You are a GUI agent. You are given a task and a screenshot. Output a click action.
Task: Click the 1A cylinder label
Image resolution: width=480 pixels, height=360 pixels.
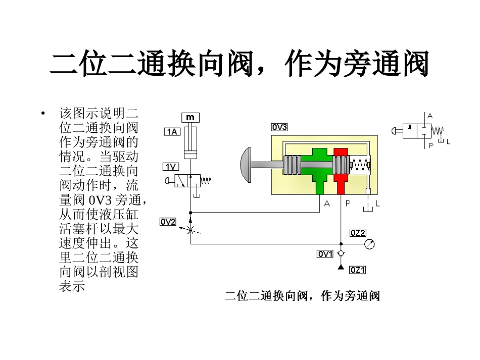click(x=172, y=132)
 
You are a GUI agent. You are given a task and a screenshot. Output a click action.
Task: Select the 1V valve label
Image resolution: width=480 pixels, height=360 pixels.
click(x=170, y=167)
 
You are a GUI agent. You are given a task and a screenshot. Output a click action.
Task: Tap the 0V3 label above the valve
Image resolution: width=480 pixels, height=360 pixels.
click(x=279, y=127)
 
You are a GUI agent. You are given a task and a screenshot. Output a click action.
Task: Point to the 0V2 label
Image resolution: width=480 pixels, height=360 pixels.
click(x=168, y=221)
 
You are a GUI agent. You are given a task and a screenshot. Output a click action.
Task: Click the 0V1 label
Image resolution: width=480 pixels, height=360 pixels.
click(x=325, y=254)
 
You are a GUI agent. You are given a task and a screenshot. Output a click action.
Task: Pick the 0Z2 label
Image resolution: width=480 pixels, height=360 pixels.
click(x=358, y=233)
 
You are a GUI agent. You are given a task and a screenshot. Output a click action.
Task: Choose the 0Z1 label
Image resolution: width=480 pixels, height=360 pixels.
click(x=358, y=270)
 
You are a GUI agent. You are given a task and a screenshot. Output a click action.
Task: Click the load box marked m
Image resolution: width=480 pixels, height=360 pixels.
click(x=190, y=118)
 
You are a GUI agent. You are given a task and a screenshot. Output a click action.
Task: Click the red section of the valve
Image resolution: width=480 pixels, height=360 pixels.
click(x=341, y=170)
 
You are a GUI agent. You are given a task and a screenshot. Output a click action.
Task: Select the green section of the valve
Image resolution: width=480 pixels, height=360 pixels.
click(x=317, y=170)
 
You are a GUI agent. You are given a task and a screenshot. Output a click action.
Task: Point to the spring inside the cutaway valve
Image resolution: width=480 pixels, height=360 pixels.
click(x=361, y=165)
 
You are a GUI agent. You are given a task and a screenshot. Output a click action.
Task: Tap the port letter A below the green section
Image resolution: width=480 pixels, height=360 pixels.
click(x=327, y=203)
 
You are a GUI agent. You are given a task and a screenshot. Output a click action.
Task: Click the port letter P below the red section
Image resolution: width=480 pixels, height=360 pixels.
click(x=347, y=203)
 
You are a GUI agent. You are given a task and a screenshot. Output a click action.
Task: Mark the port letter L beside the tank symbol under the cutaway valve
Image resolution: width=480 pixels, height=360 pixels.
click(x=377, y=203)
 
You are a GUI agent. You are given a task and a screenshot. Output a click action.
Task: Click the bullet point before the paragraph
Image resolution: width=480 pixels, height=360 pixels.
click(x=44, y=113)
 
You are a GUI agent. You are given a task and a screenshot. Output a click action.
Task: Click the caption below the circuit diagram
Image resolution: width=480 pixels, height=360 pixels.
click(x=302, y=296)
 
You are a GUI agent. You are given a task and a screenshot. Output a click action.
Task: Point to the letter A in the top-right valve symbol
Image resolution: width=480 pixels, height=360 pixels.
click(x=430, y=116)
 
